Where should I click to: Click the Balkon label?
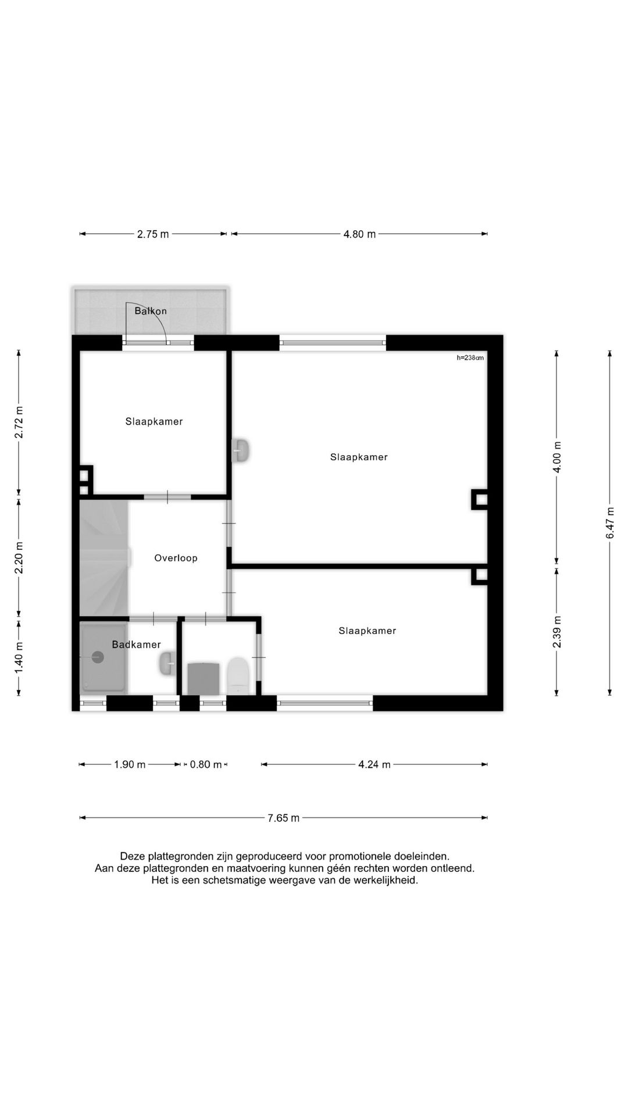point(151,311)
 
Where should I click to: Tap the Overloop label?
point(176,558)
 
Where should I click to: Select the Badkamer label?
point(137,645)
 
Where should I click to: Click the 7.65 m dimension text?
point(284,818)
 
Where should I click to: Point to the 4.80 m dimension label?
point(359,234)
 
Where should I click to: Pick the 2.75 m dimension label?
point(153,234)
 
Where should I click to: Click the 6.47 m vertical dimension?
point(610,523)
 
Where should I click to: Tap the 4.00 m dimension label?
point(557,457)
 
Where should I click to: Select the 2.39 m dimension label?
point(557,632)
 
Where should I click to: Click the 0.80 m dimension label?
point(206,764)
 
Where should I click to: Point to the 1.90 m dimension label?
point(130,764)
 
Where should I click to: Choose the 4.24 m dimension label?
point(374,764)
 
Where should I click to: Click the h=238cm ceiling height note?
point(470,358)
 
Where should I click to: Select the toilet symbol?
point(238,676)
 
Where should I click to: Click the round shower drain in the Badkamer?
point(97,657)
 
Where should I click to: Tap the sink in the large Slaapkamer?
point(241,451)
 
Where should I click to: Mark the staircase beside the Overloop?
point(104,557)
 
